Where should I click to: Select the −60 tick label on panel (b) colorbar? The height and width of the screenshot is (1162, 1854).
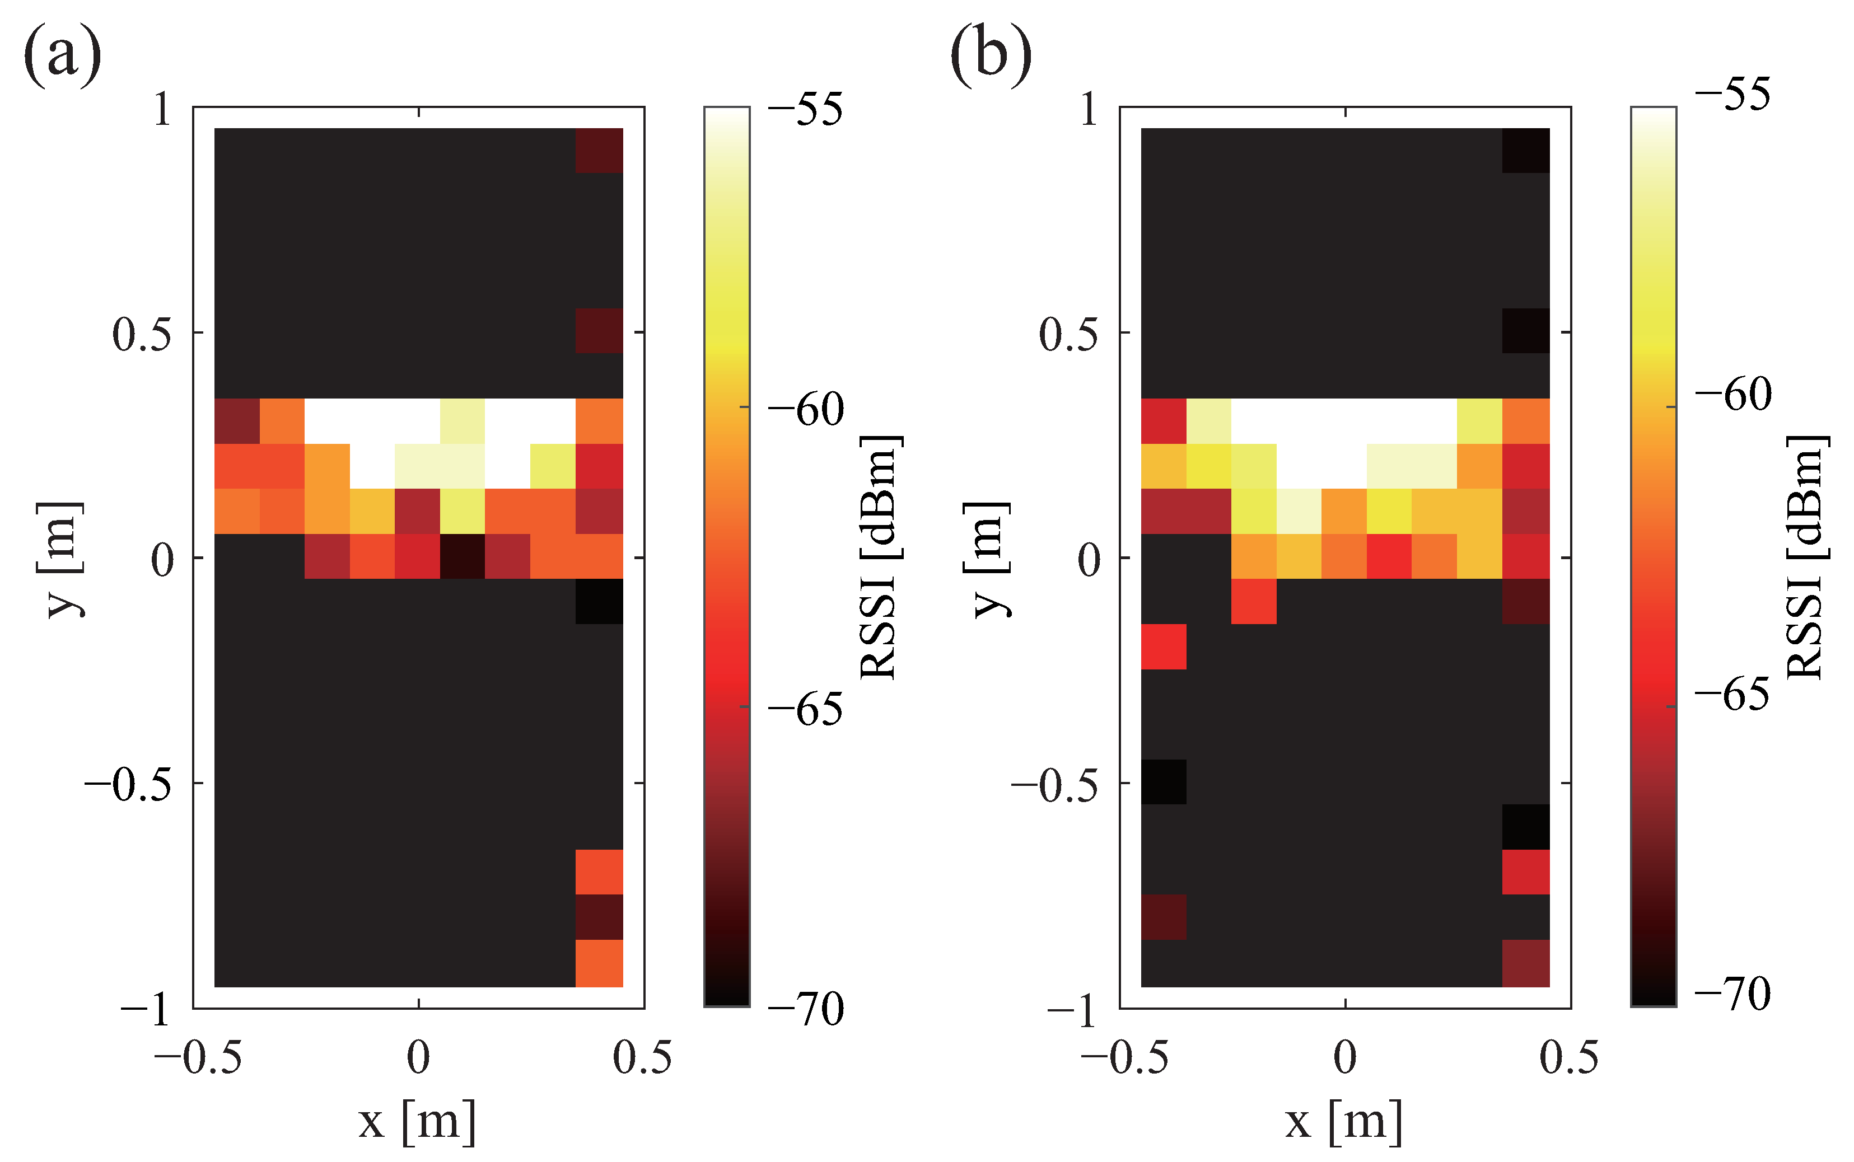tap(1732, 394)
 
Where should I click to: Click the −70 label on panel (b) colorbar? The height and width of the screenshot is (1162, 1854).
tap(1732, 994)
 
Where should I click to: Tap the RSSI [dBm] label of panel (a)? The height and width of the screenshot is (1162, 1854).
tap(880, 557)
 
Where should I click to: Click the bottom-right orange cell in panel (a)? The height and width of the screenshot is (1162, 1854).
tap(599, 963)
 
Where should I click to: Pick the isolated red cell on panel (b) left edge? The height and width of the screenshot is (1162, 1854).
tap(1163, 646)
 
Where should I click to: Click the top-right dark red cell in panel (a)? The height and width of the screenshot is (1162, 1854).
tap(599, 151)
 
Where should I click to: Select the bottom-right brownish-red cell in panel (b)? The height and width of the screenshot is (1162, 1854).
tap(1526, 963)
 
